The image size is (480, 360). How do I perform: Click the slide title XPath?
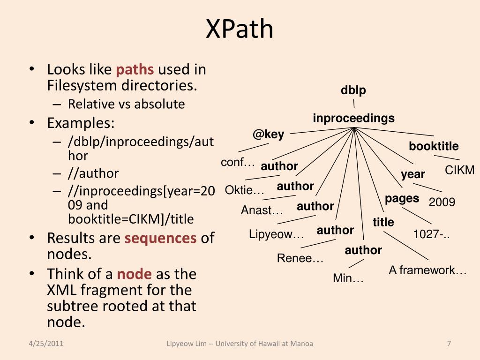[x=240, y=29]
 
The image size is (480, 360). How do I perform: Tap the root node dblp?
[x=353, y=90]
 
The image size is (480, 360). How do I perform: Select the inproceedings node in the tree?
[x=353, y=118]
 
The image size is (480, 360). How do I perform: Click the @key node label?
[x=268, y=135]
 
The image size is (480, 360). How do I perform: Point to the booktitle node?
[x=434, y=146]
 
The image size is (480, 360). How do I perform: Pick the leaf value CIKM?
[x=459, y=170]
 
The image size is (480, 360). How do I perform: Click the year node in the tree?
[x=412, y=174]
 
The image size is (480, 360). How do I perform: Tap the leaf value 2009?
[x=442, y=202]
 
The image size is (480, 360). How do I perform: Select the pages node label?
[x=402, y=198]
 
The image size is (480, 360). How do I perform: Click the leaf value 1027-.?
[x=431, y=234]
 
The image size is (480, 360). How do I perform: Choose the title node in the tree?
[x=383, y=222]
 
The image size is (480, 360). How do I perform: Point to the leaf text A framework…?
[x=427, y=270]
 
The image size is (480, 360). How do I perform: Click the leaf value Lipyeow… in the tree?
[x=277, y=234]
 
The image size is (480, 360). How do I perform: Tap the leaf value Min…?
[x=348, y=278]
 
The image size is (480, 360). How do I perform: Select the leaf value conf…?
[x=238, y=163]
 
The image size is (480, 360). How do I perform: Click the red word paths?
[x=135, y=70]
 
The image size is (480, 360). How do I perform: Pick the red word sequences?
[x=160, y=238]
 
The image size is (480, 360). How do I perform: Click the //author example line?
[x=93, y=173]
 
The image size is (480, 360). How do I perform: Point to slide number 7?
[x=449, y=344]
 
